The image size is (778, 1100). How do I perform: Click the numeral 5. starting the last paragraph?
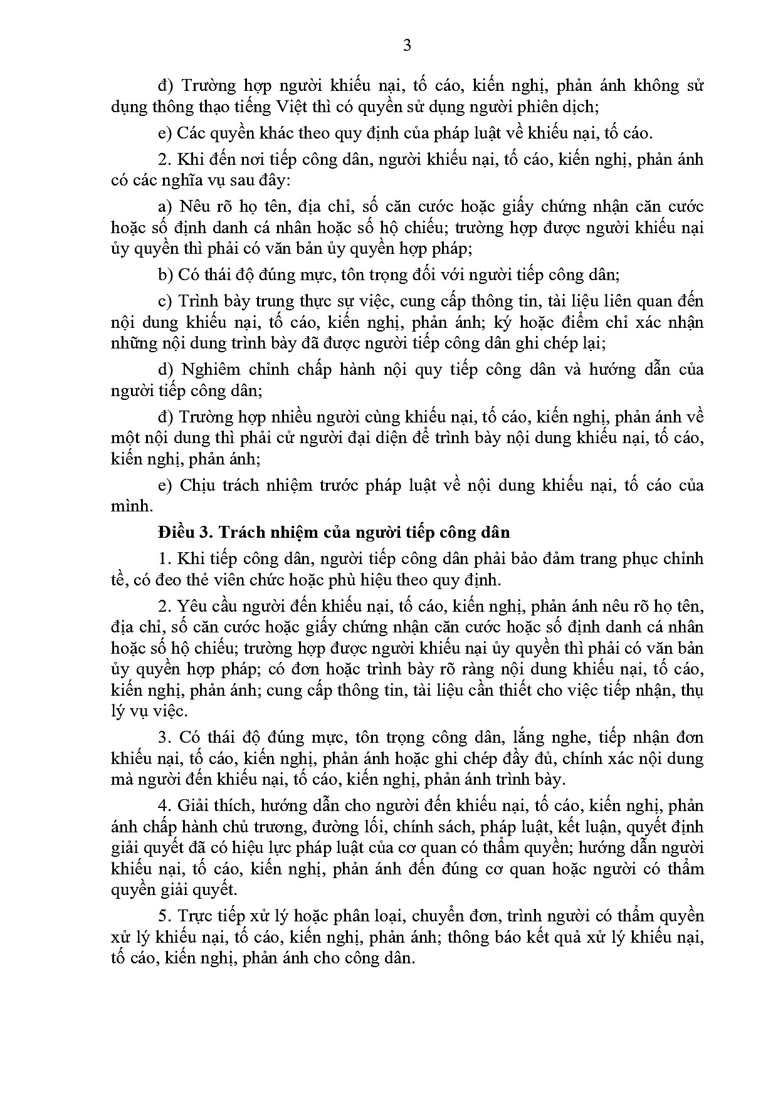click(x=164, y=916)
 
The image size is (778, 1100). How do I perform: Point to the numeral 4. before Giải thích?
click(x=164, y=805)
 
